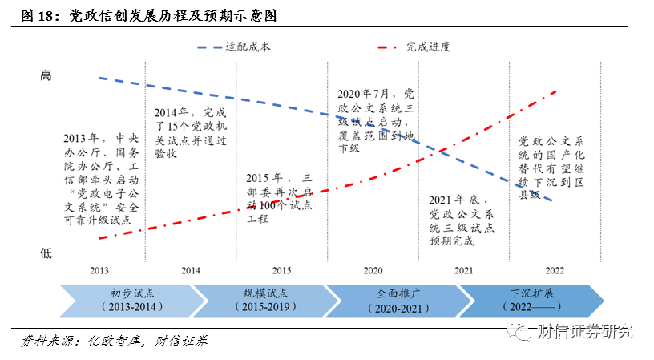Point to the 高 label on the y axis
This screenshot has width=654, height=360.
[x=46, y=75]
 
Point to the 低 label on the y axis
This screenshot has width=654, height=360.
[x=46, y=253]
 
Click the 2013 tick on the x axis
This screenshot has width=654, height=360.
[x=99, y=270]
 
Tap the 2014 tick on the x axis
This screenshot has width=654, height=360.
[x=191, y=270]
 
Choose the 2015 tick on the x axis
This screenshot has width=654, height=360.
[x=281, y=270]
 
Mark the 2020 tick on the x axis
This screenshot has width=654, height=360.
[x=373, y=270]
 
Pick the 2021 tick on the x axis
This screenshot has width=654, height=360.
[x=463, y=270]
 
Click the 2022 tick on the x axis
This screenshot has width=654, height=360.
[x=555, y=270]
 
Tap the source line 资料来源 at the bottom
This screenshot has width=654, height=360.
[x=113, y=341]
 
